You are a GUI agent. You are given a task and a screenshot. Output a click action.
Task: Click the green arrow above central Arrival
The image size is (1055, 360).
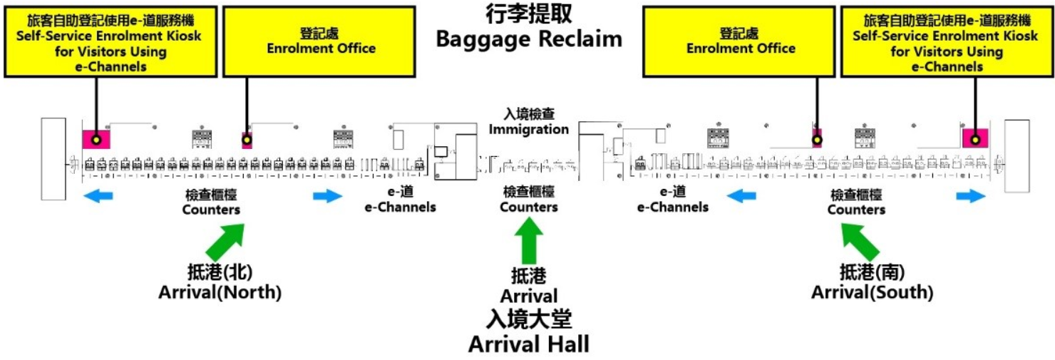coord(528,241)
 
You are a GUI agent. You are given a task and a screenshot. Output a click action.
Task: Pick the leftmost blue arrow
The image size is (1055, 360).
coord(98,197)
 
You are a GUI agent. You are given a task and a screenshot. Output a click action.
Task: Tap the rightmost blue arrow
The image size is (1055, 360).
coord(972,197)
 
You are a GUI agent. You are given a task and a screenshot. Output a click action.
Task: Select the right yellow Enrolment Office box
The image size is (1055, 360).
coord(740,41)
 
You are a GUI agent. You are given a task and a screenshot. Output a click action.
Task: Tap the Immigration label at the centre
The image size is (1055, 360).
coord(528,122)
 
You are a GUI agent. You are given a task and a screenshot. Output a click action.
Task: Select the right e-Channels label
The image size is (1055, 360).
coord(673,200)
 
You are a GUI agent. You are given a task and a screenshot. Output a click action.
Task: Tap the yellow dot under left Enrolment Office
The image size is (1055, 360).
coord(247,140)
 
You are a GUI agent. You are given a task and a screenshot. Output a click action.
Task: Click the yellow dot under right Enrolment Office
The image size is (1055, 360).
coord(817,140)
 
